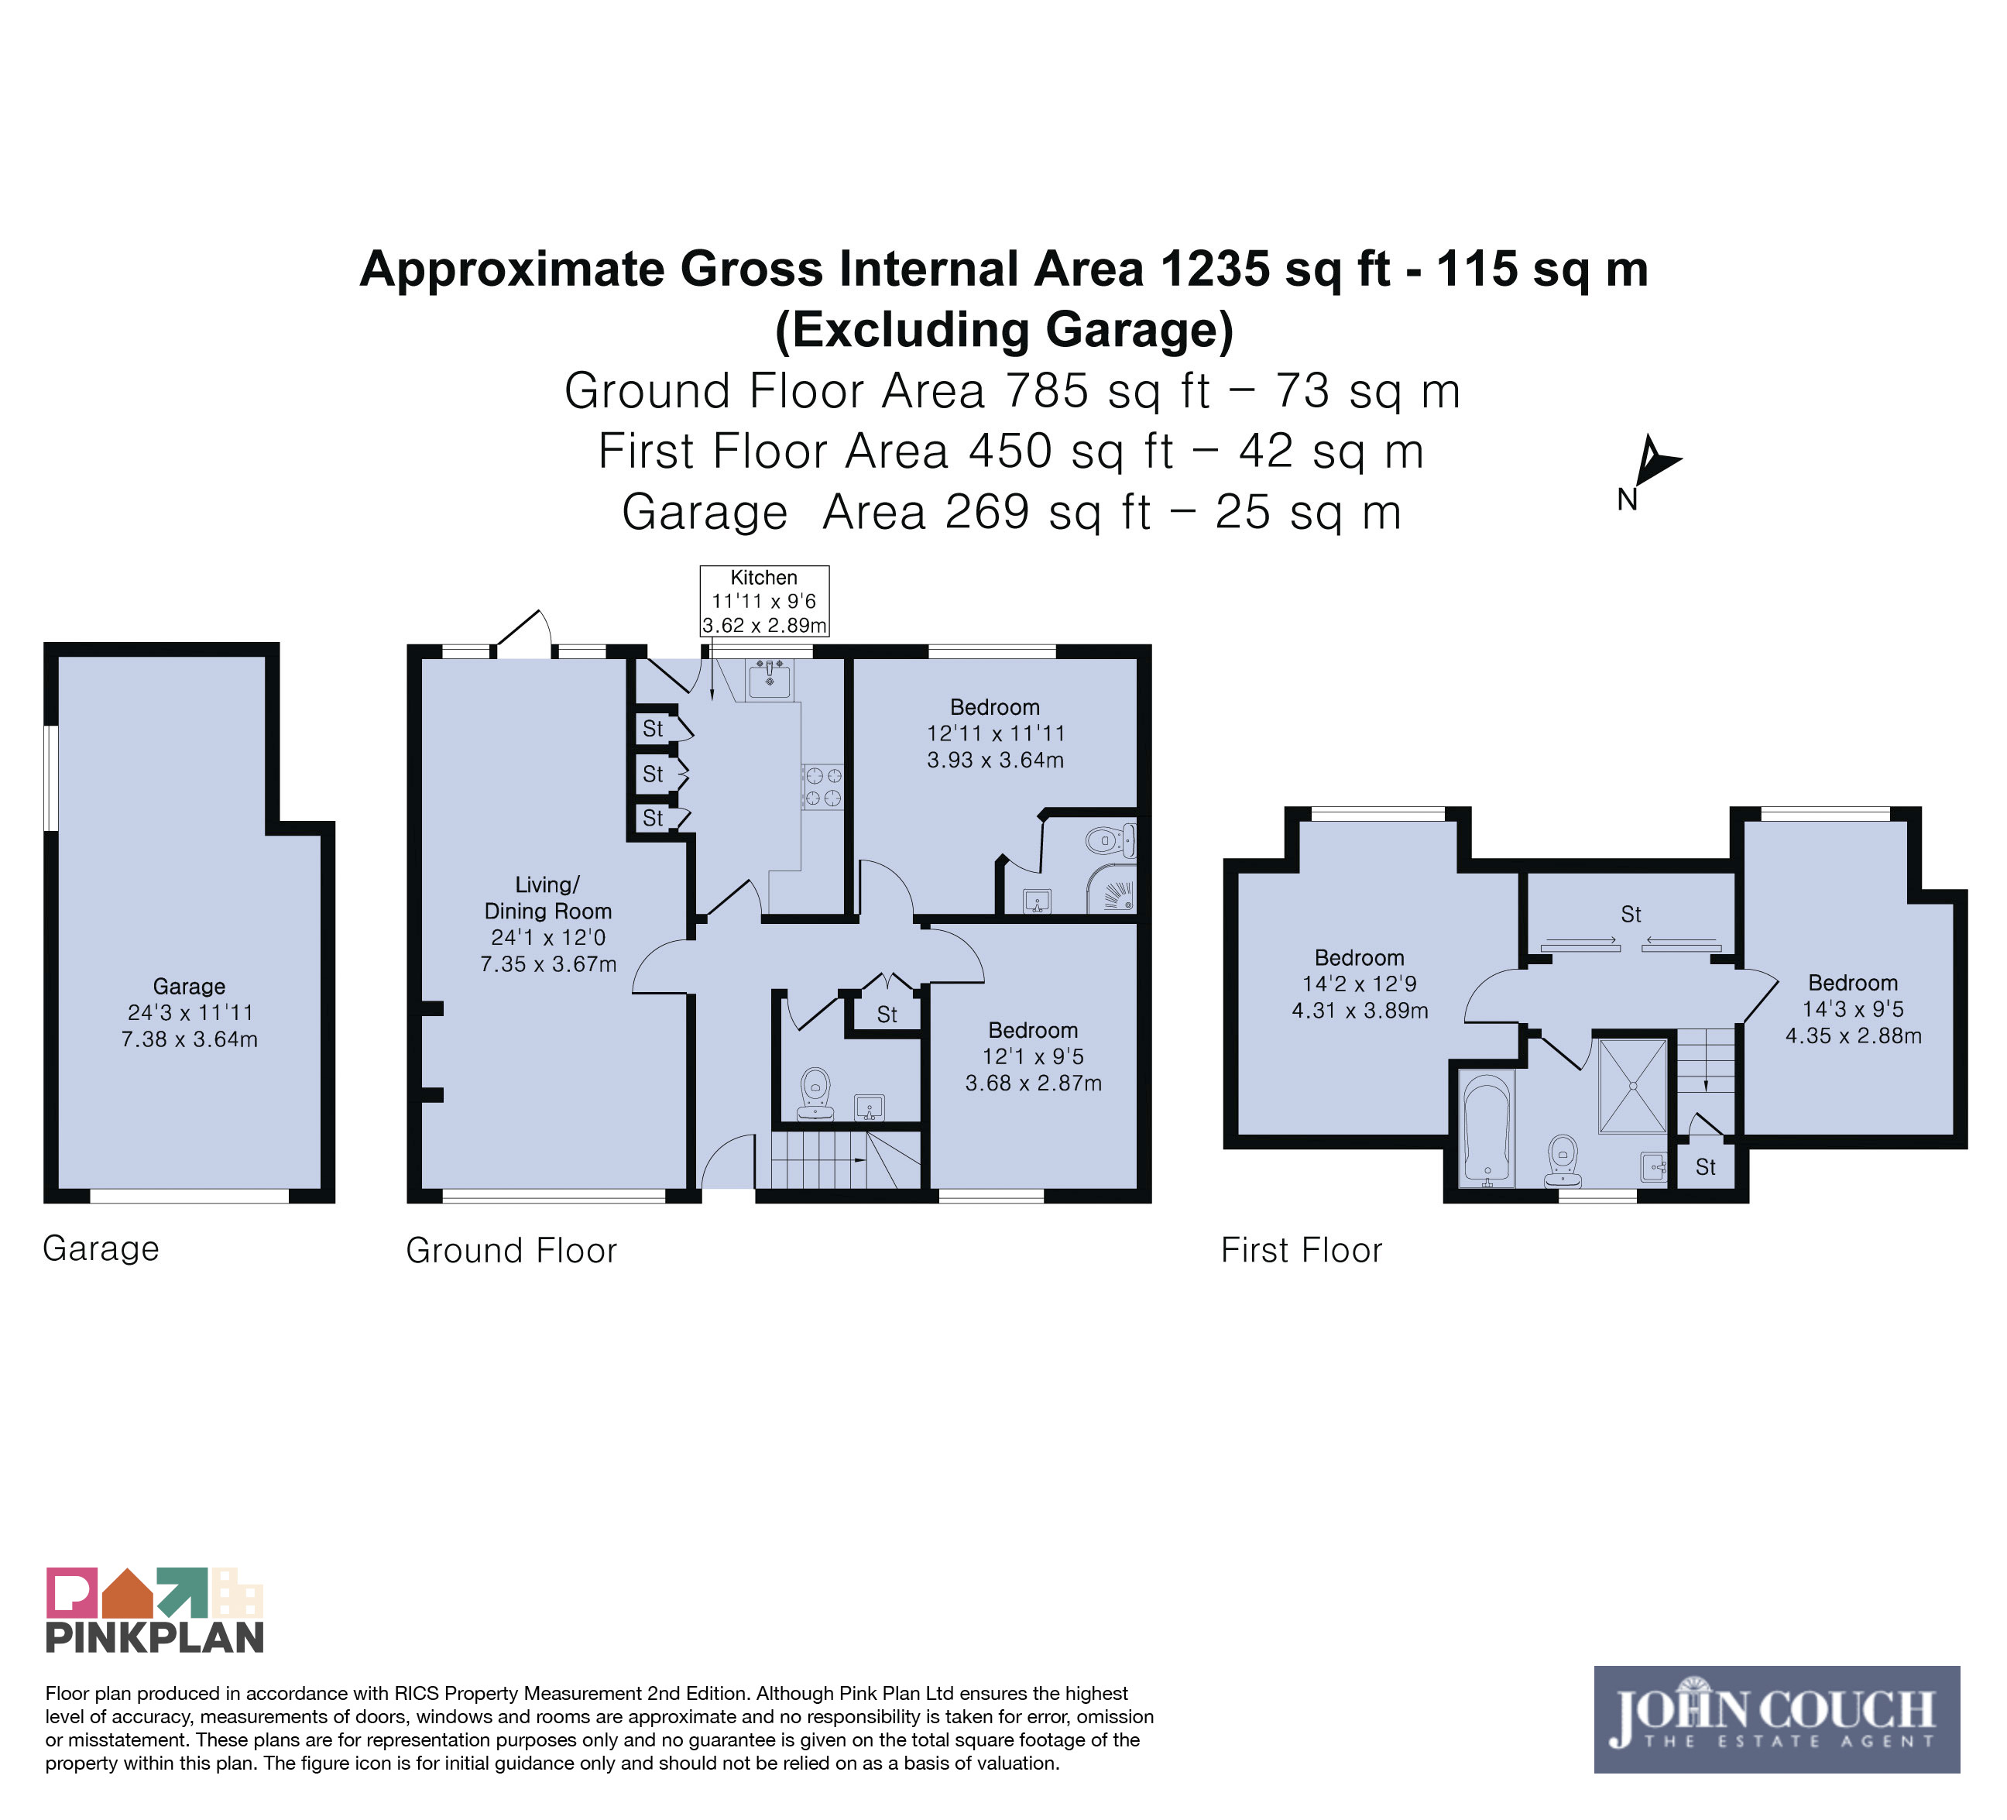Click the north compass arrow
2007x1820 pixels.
pos(1655,461)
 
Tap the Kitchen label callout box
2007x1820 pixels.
pos(764,601)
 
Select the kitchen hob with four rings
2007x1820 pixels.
pos(822,787)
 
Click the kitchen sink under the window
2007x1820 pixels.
pos(770,680)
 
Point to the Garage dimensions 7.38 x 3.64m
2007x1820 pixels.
pos(189,1039)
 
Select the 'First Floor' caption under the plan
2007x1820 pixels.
pos(1302,1251)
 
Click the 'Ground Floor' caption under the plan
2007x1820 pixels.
pos(512,1251)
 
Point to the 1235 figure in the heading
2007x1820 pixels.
pos(1215,269)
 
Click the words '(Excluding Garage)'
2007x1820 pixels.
pos(1003,330)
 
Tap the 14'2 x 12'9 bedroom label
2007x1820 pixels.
pos(1360,984)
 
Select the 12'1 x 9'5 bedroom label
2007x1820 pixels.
pos(1034,1056)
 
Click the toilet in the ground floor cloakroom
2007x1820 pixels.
pos(815,1094)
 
